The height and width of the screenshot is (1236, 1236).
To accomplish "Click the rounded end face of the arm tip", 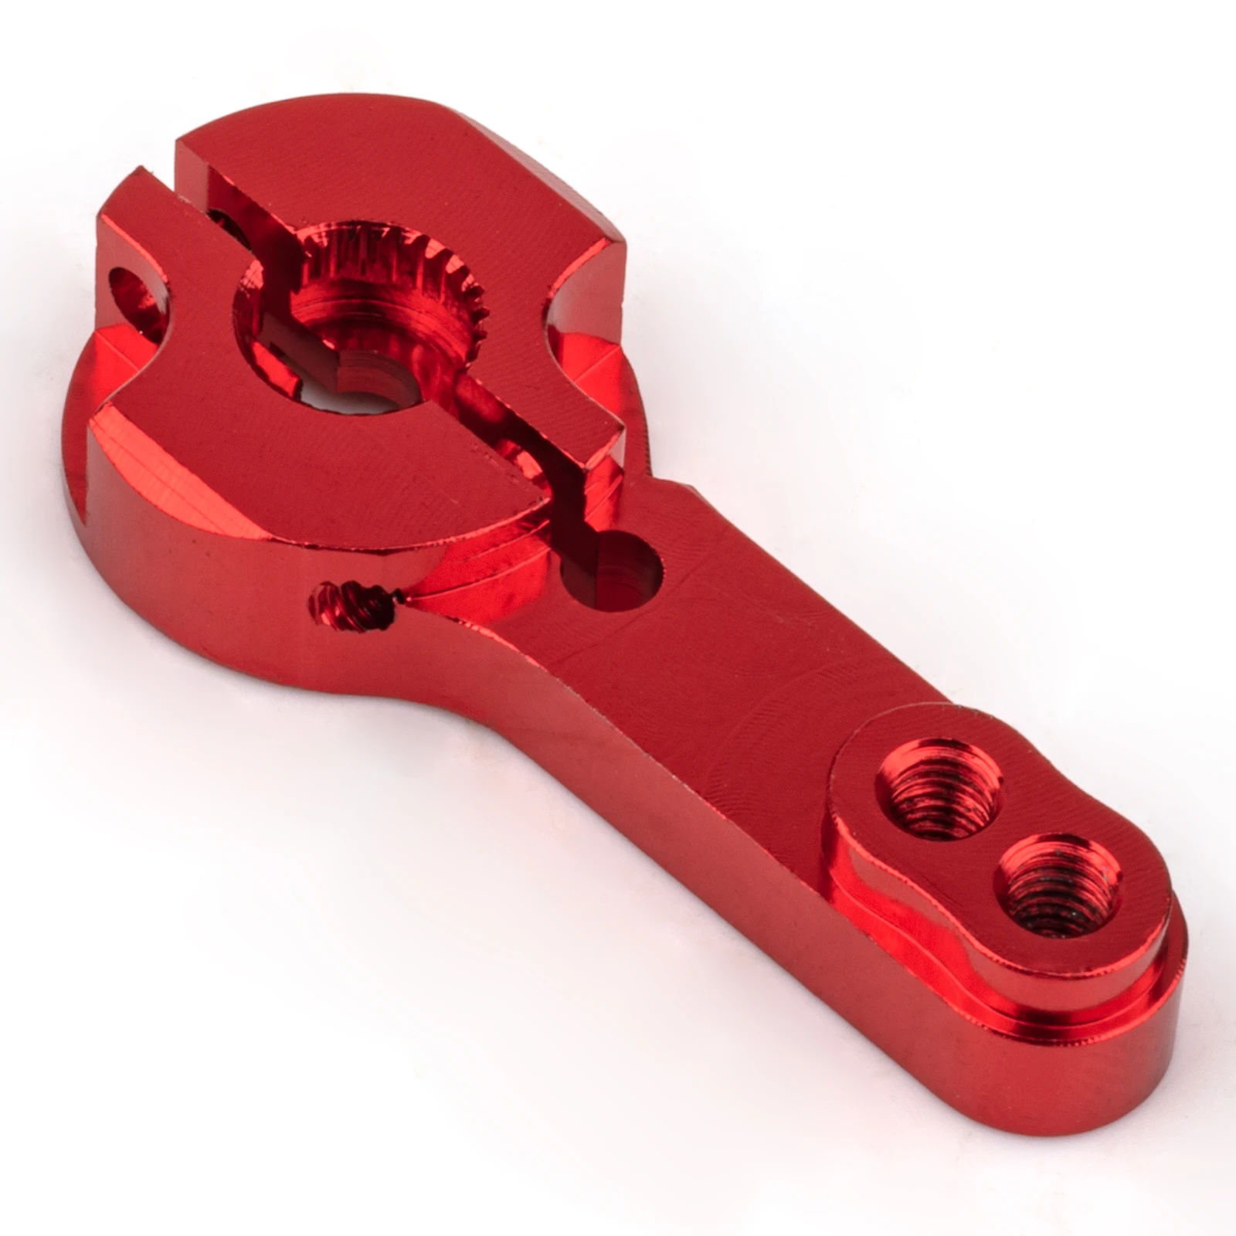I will tap(1159, 1035).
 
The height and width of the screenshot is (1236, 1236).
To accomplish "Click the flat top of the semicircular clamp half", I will tap(309, 463).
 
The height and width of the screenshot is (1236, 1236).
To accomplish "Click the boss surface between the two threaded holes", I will tap(997, 842).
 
